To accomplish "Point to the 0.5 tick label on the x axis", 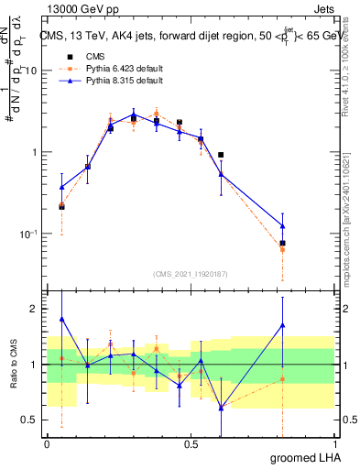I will pyautogui.click(x=191, y=444).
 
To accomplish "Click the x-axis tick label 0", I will pyautogui.click(x=48, y=444).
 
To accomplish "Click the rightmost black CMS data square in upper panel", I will pyautogui.click(x=308, y=244).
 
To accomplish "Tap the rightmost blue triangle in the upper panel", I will pyautogui.click(x=308, y=225).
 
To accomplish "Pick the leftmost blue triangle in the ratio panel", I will pyautogui.click(x=61, y=319).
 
